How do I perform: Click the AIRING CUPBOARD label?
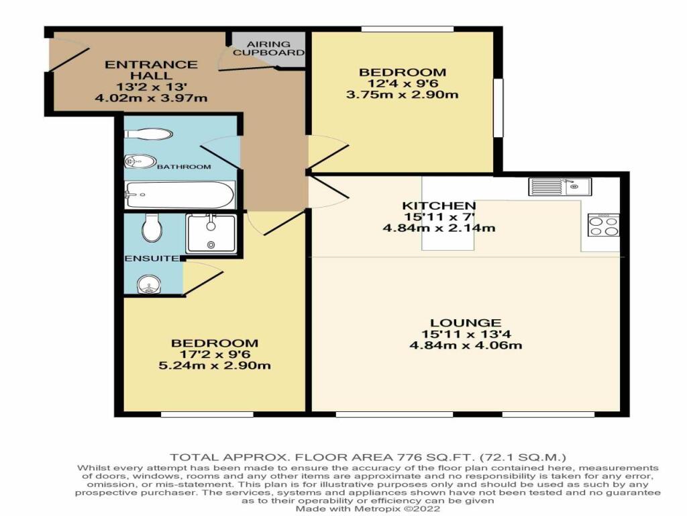(268, 48)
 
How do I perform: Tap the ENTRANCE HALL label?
(151, 70)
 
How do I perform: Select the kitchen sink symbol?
(560, 187)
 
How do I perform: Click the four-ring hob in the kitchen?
(604, 225)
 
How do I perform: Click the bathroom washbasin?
(140, 161)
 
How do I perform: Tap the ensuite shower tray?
(211, 233)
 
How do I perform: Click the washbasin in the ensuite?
(149, 285)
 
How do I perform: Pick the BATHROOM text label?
(184, 167)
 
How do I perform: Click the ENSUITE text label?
(152, 259)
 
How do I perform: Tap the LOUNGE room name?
(466, 323)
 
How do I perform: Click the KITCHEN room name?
(439, 206)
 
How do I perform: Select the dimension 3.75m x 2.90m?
(403, 94)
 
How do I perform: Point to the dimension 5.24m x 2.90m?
(215, 365)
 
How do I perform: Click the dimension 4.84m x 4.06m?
(466, 345)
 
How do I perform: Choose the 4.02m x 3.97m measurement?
(151, 97)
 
